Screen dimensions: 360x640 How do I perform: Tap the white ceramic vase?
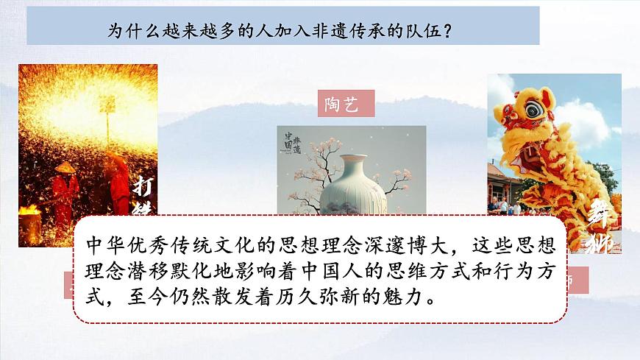(346, 184)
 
